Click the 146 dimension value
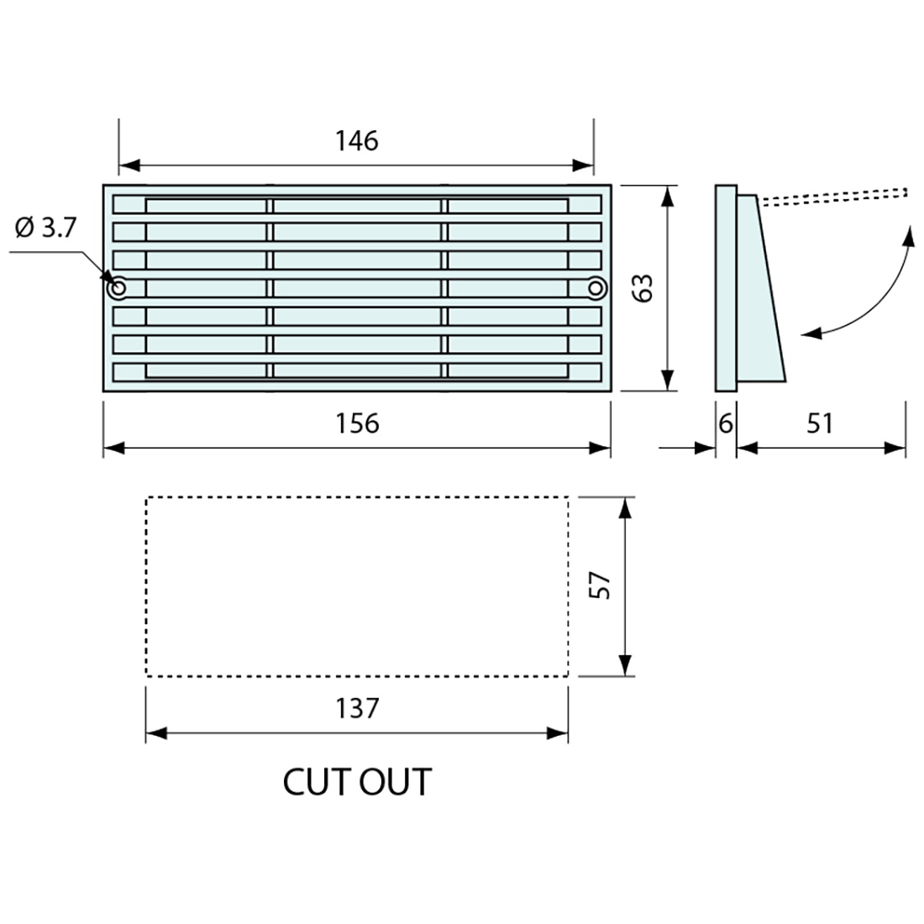(x=357, y=140)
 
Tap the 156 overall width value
(x=357, y=423)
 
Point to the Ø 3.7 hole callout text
(x=45, y=227)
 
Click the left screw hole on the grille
(x=118, y=288)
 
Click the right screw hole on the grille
(x=596, y=288)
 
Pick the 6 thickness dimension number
(x=726, y=423)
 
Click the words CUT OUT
(x=357, y=782)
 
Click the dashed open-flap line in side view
(x=832, y=196)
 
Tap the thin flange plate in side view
(x=726, y=288)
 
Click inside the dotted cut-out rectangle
(x=357, y=586)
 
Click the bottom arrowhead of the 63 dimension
(x=668, y=382)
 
